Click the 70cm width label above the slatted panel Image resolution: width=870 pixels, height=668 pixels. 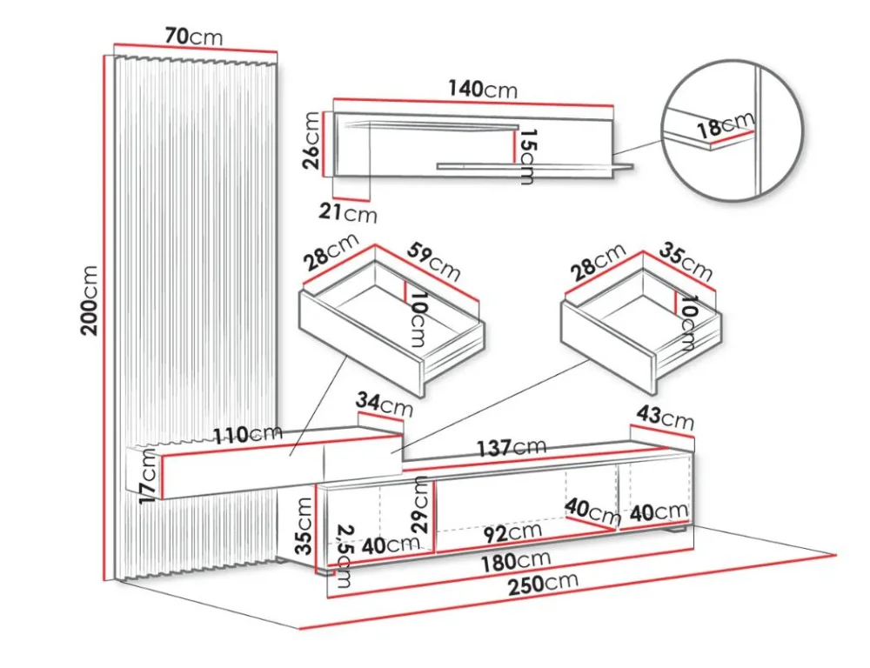pyautogui.click(x=194, y=37)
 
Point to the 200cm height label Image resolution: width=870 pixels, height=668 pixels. pyautogui.click(x=90, y=300)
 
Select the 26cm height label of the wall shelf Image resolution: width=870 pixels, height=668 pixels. pyautogui.click(x=311, y=140)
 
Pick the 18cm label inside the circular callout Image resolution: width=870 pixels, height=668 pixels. pyautogui.click(x=726, y=126)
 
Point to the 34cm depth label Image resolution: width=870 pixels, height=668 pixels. pyautogui.click(x=385, y=404)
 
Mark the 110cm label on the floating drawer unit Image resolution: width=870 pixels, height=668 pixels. pyautogui.click(x=249, y=435)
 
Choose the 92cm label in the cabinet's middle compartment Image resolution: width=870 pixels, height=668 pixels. pyautogui.click(x=512, y=533)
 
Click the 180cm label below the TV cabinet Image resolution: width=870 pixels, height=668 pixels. pyautogui.click(x=516, y=562)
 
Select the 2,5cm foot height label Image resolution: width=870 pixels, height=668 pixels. pyautogui.click(x=345, y=557)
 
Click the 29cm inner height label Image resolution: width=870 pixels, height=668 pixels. pyautogui.click(x=422, y=504)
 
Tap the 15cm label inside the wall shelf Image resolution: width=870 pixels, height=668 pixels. pyautogui.click(x=525, y=157)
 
